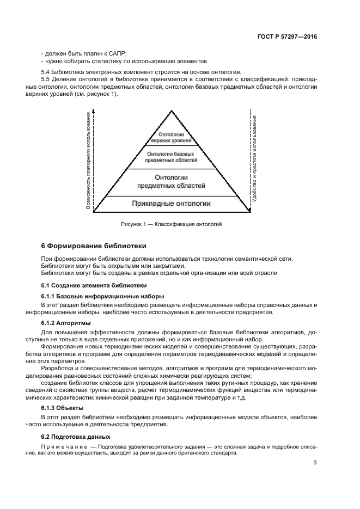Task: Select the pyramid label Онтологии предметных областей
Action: [x=172, y=181]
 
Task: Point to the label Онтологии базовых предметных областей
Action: [x=172, y=157]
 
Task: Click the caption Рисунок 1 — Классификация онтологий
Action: [x=172, y=224]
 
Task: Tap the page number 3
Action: [x=315, y=463]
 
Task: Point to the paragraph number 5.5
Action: [x=46, y=80]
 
